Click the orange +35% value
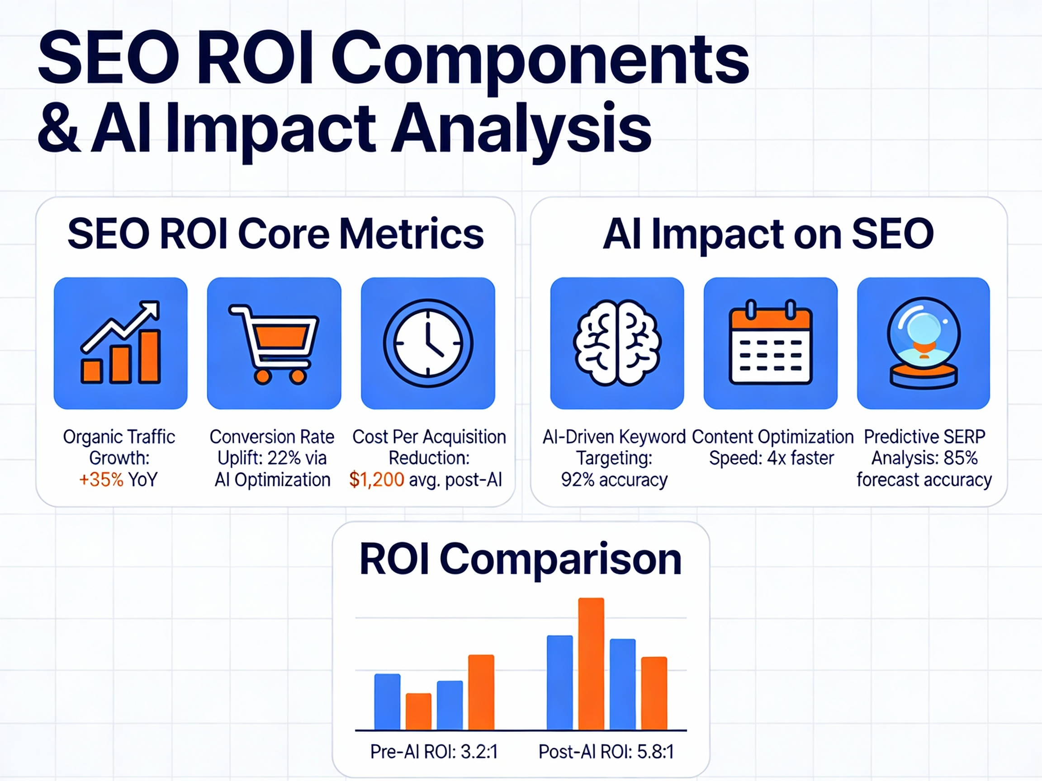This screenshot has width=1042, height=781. [101, 480]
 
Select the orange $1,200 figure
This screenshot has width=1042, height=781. [376, 480]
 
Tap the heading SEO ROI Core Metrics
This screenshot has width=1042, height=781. [275, 234]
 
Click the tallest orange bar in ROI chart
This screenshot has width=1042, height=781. [591, 664]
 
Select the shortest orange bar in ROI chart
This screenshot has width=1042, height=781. [418, 711]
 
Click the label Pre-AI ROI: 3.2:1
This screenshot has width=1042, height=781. [434, 752]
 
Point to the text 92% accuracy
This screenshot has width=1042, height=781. [614, 480]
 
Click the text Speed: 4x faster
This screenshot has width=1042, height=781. [772, 458]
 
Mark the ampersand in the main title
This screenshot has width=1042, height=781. [58, 130]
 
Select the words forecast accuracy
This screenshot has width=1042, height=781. [924, 480]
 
